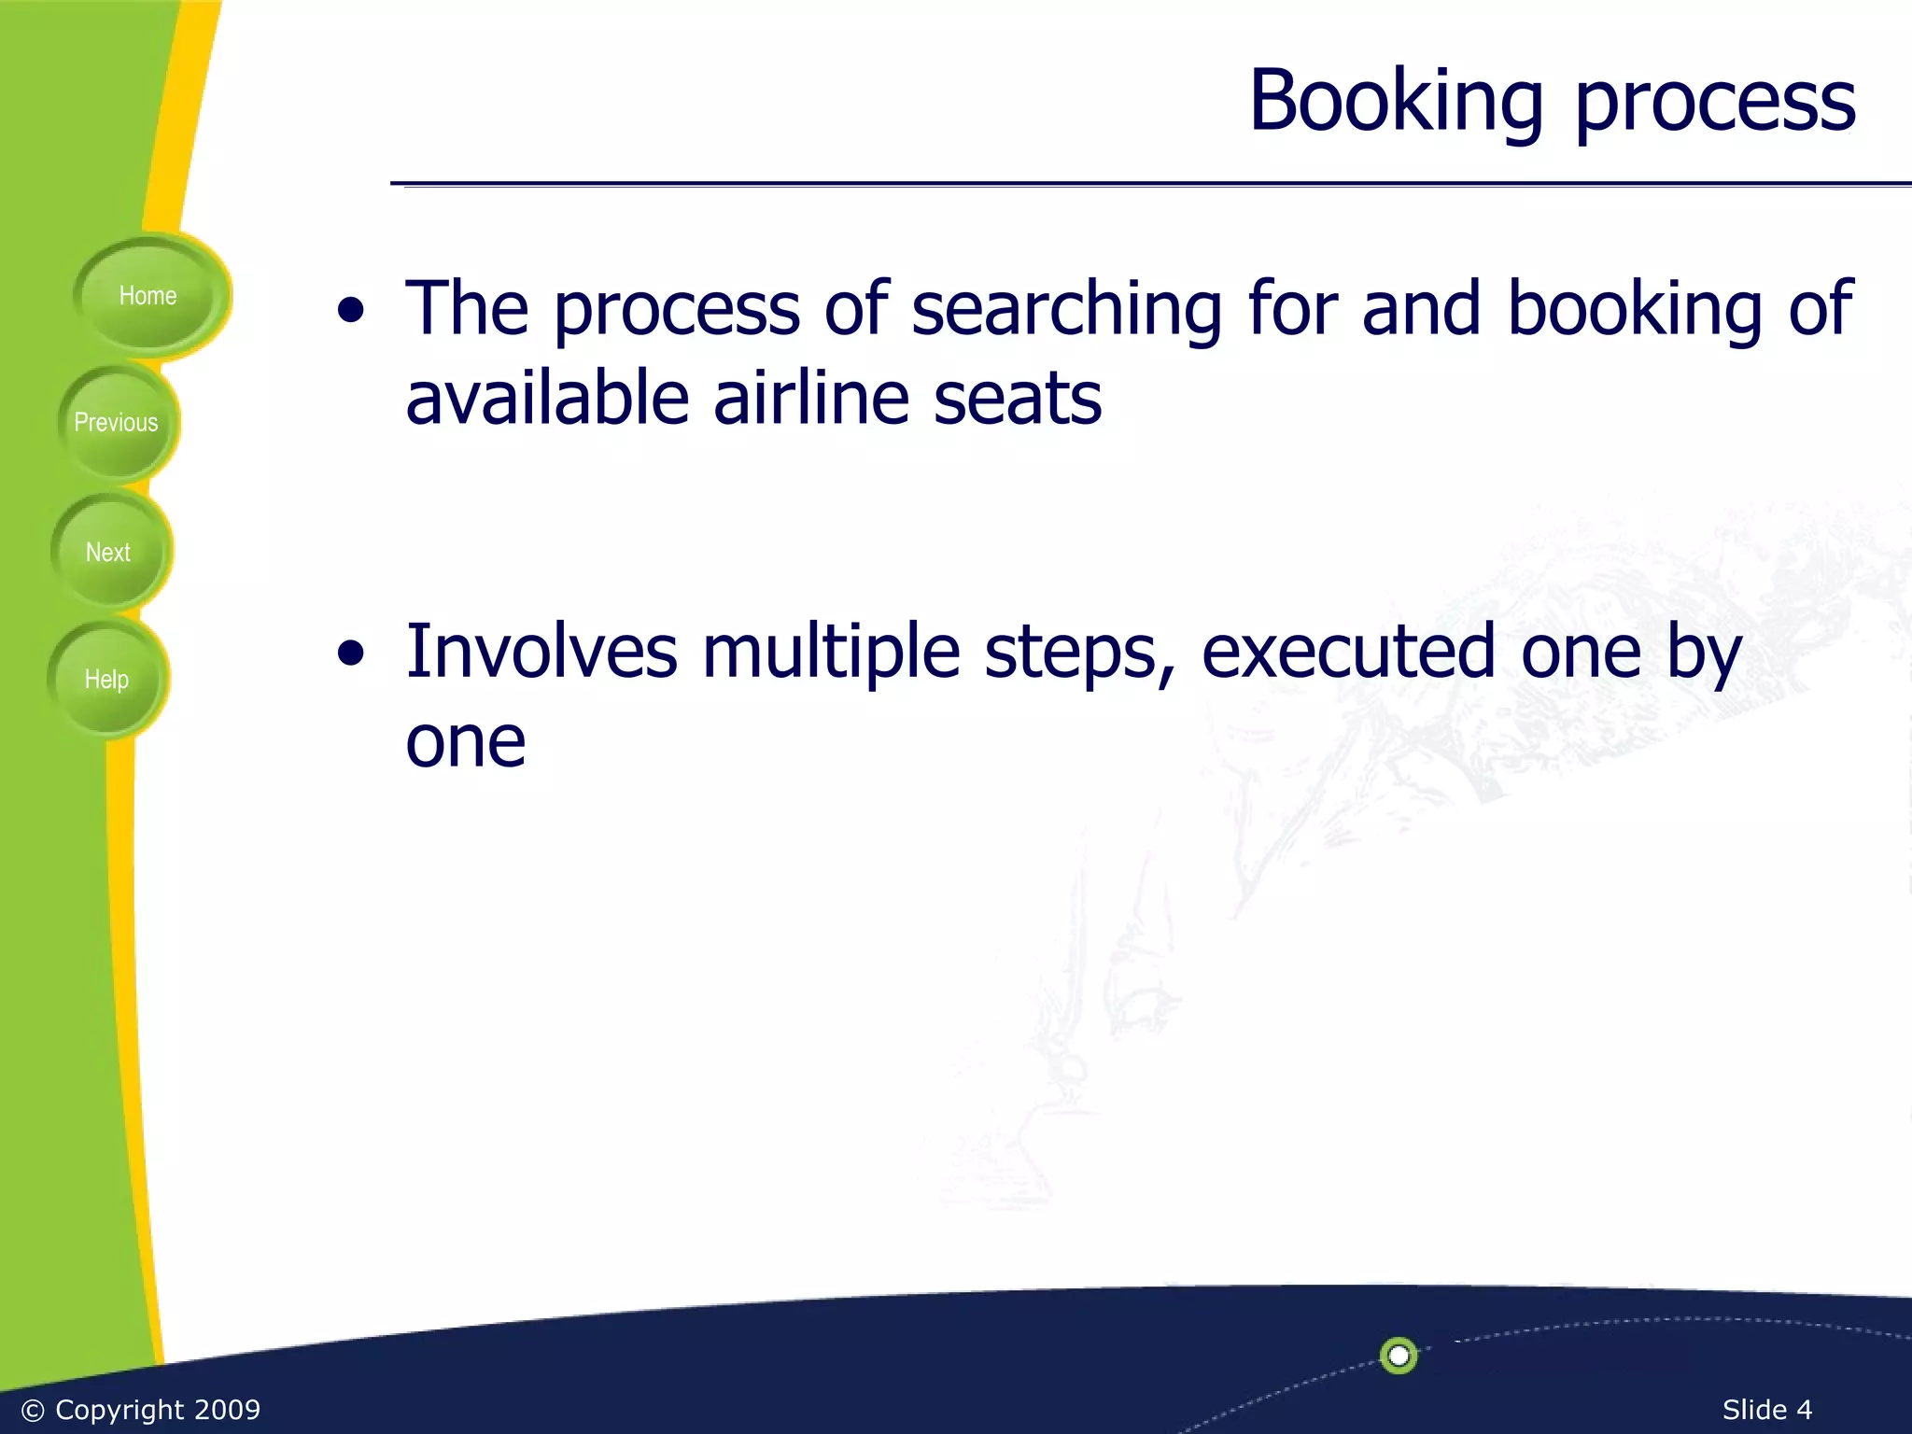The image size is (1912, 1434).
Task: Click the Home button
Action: coord(148,296)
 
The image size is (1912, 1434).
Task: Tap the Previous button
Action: coord(116,423)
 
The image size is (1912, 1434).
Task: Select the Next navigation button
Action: coord(108,553)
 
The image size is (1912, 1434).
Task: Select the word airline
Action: coord(811,399)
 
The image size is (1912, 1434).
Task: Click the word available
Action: coord(547,399)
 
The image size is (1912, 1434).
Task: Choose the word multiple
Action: coord(831,651)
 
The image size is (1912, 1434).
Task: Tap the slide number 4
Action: coord(1803,1410)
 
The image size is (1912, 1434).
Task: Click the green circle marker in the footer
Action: coord(1399,1355)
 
